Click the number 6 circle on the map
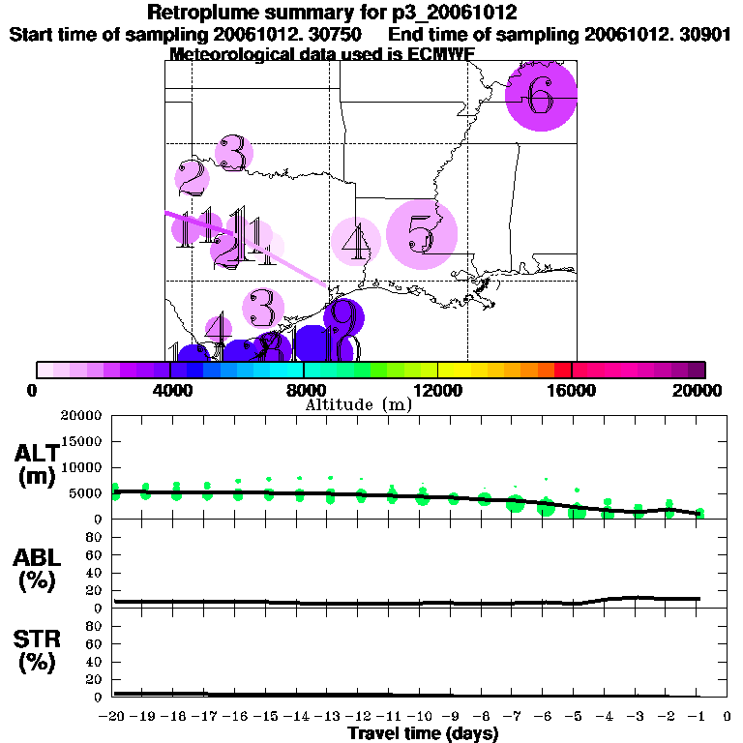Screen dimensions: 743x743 tap(542, 95)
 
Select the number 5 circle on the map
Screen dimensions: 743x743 tap(421, 234)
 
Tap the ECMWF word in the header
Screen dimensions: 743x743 tap(442, 54)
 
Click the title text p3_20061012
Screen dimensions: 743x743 tap(451, 13)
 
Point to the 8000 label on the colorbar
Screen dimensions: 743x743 tap(303, 391)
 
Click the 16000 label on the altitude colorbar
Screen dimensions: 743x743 tap(571, 391)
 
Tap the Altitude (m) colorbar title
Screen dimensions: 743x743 tap(359, 404)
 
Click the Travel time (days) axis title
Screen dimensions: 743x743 tap(423, 734)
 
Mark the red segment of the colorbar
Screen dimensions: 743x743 tap(562, 370)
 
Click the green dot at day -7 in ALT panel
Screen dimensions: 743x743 tap(516, 503)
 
